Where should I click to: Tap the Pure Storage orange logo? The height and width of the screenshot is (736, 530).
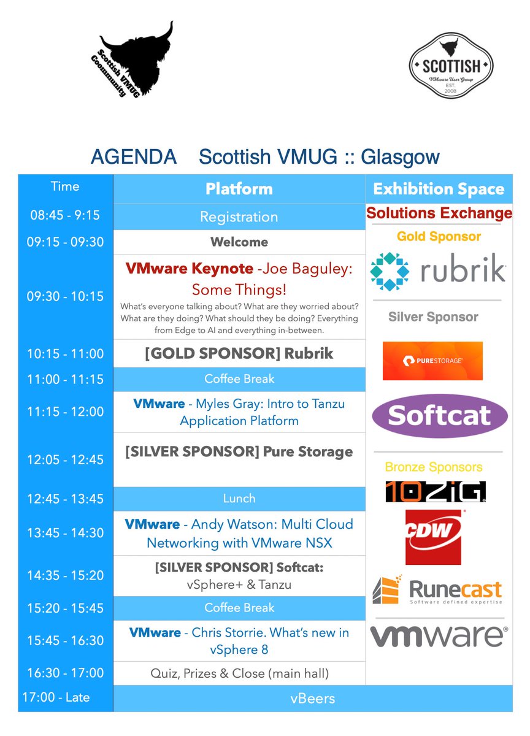[432, 361]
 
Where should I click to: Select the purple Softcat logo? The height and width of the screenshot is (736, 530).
[440, 416]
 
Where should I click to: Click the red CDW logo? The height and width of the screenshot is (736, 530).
[433, 537]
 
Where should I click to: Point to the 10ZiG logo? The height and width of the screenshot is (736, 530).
[436, 491]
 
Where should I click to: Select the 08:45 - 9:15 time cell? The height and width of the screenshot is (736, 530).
[65, 215]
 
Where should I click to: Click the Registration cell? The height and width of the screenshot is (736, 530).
[239, 217]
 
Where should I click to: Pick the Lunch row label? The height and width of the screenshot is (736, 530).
[239, 499]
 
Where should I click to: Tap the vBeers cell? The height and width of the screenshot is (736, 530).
[313, 699]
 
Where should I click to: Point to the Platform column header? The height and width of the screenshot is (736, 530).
[239, 189]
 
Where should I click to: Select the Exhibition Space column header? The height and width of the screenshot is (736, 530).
[439, 189]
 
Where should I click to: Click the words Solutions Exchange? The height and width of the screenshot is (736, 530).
[439, 213]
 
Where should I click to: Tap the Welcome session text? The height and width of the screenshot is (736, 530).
[239, 242]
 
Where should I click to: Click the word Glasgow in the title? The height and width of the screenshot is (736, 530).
[401, 158]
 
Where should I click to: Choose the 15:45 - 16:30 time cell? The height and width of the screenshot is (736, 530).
[65, 640]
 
